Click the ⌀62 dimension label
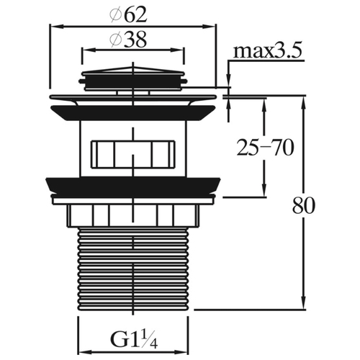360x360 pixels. (127, 15)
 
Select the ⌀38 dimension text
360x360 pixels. (127, 40)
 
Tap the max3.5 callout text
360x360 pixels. (267, 50)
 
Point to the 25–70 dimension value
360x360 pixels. (265, 148)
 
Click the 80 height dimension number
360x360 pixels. (303, 206)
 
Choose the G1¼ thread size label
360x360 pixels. (134, 338)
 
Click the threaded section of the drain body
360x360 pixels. (132, 269)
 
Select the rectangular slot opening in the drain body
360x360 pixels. (132, 154)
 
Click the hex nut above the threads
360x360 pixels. (132, 215)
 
